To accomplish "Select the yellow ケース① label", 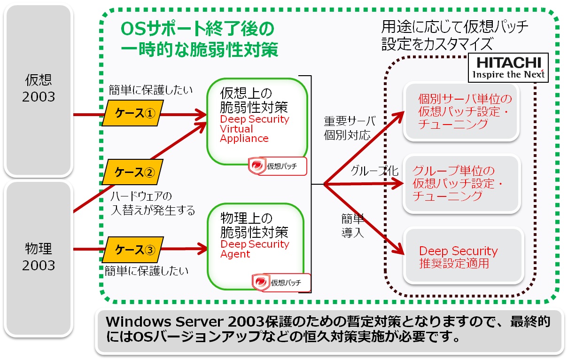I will click(x=132, y=113).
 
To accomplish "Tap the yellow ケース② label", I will click(x=132, y=172).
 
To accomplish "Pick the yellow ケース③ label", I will click(x=132, y=250).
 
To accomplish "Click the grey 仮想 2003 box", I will click(x=40, y=88).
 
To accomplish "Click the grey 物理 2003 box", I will click(x=40, y=257).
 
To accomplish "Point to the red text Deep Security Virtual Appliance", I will click(x=254, y=129).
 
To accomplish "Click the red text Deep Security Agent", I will click(x=254, y=249).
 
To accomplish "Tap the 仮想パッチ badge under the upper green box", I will click(x=278, y=166).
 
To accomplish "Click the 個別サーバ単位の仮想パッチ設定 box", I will click(x=463, y=112).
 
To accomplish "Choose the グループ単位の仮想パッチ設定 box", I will click(x=463, y=183).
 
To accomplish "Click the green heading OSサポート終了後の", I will click(x=197, y=29).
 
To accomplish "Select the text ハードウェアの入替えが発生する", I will click(x=153, y=203).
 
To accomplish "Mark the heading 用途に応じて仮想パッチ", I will click(x=455, y=26).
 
